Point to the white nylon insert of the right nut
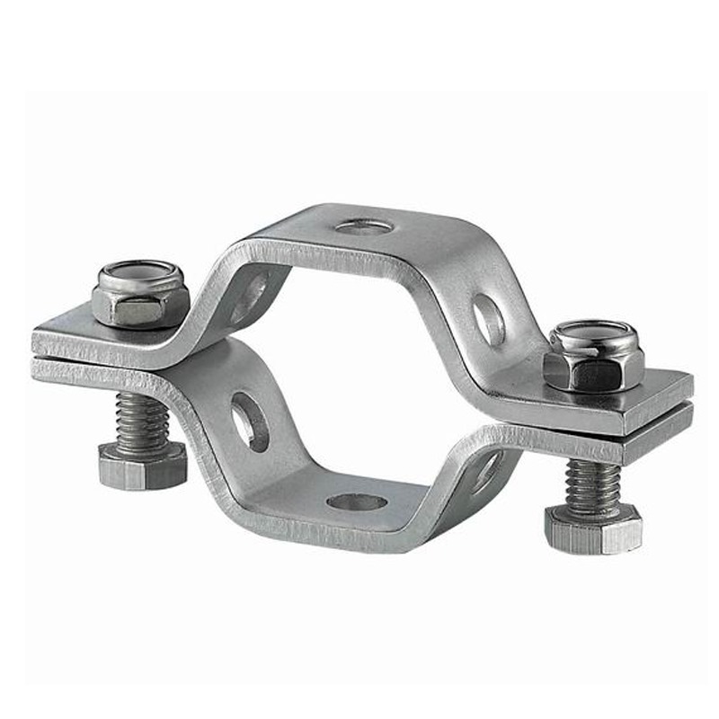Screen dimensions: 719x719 click(x=595, y=333)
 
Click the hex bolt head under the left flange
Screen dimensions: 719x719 click(x=142, y=466)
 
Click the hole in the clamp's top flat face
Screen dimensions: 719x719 click(x=365, y=226)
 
